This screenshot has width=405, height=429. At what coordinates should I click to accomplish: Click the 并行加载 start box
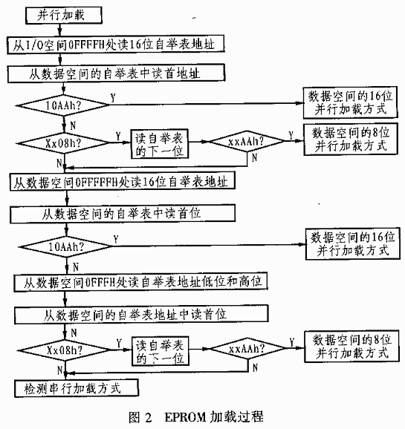point(64,15)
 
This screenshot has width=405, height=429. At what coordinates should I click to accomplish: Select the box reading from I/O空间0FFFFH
point(116,44)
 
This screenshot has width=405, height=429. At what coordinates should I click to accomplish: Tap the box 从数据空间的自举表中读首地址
point(116,73)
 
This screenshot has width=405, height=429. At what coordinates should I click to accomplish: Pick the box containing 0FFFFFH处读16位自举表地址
point(122,181)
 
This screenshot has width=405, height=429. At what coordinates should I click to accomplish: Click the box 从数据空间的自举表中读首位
point(123,214)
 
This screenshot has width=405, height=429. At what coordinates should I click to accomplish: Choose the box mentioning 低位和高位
point(140,282)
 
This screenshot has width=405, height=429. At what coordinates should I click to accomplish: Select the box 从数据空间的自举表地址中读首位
point(141,315)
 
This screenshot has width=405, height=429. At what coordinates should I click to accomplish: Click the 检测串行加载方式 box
point(77,388)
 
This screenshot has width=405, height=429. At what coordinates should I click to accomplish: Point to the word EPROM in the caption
point(185,418)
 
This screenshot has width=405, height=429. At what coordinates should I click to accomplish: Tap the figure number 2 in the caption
point(148,418)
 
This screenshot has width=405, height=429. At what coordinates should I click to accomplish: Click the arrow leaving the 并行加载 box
point(60,30)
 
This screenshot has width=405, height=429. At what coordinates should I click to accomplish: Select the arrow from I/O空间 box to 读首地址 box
point(60,59)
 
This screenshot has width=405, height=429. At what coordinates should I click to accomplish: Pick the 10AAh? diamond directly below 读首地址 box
point(63,105)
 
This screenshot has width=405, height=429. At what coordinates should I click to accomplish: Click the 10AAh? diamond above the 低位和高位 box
point(66,246)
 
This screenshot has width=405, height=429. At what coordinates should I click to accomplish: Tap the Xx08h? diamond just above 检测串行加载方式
point(65,350)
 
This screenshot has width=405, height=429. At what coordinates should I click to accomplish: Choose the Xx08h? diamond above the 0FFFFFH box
point(63,143)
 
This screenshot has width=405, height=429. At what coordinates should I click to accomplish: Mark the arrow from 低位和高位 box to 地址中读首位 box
point(65,298)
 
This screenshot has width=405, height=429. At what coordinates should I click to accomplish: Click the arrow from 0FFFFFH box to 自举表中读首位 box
point(67,197)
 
